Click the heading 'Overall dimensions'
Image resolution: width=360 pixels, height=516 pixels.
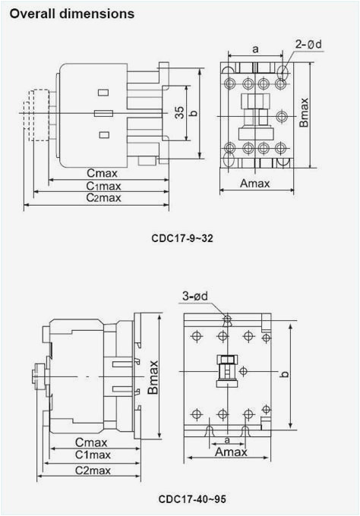tap(72, 14)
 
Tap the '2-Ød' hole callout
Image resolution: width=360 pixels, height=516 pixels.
tap(310, 44)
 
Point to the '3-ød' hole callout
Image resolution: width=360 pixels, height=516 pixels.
tap(196, 295)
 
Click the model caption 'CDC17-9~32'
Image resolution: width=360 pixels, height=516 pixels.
tap(182, 238)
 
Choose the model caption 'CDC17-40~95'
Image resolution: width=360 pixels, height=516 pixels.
tap(192, 499)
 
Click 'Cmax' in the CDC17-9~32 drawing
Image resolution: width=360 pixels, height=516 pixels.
tap(101, 173)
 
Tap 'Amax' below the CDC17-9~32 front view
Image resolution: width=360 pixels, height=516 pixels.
tap(257, 184)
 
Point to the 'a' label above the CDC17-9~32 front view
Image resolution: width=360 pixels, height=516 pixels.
tap(255, 49)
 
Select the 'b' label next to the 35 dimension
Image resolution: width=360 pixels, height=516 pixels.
tap(193, 113)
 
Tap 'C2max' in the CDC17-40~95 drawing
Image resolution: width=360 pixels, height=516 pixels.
tap(93, 470)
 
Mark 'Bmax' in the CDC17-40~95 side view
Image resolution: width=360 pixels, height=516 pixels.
tap(153, 376)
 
